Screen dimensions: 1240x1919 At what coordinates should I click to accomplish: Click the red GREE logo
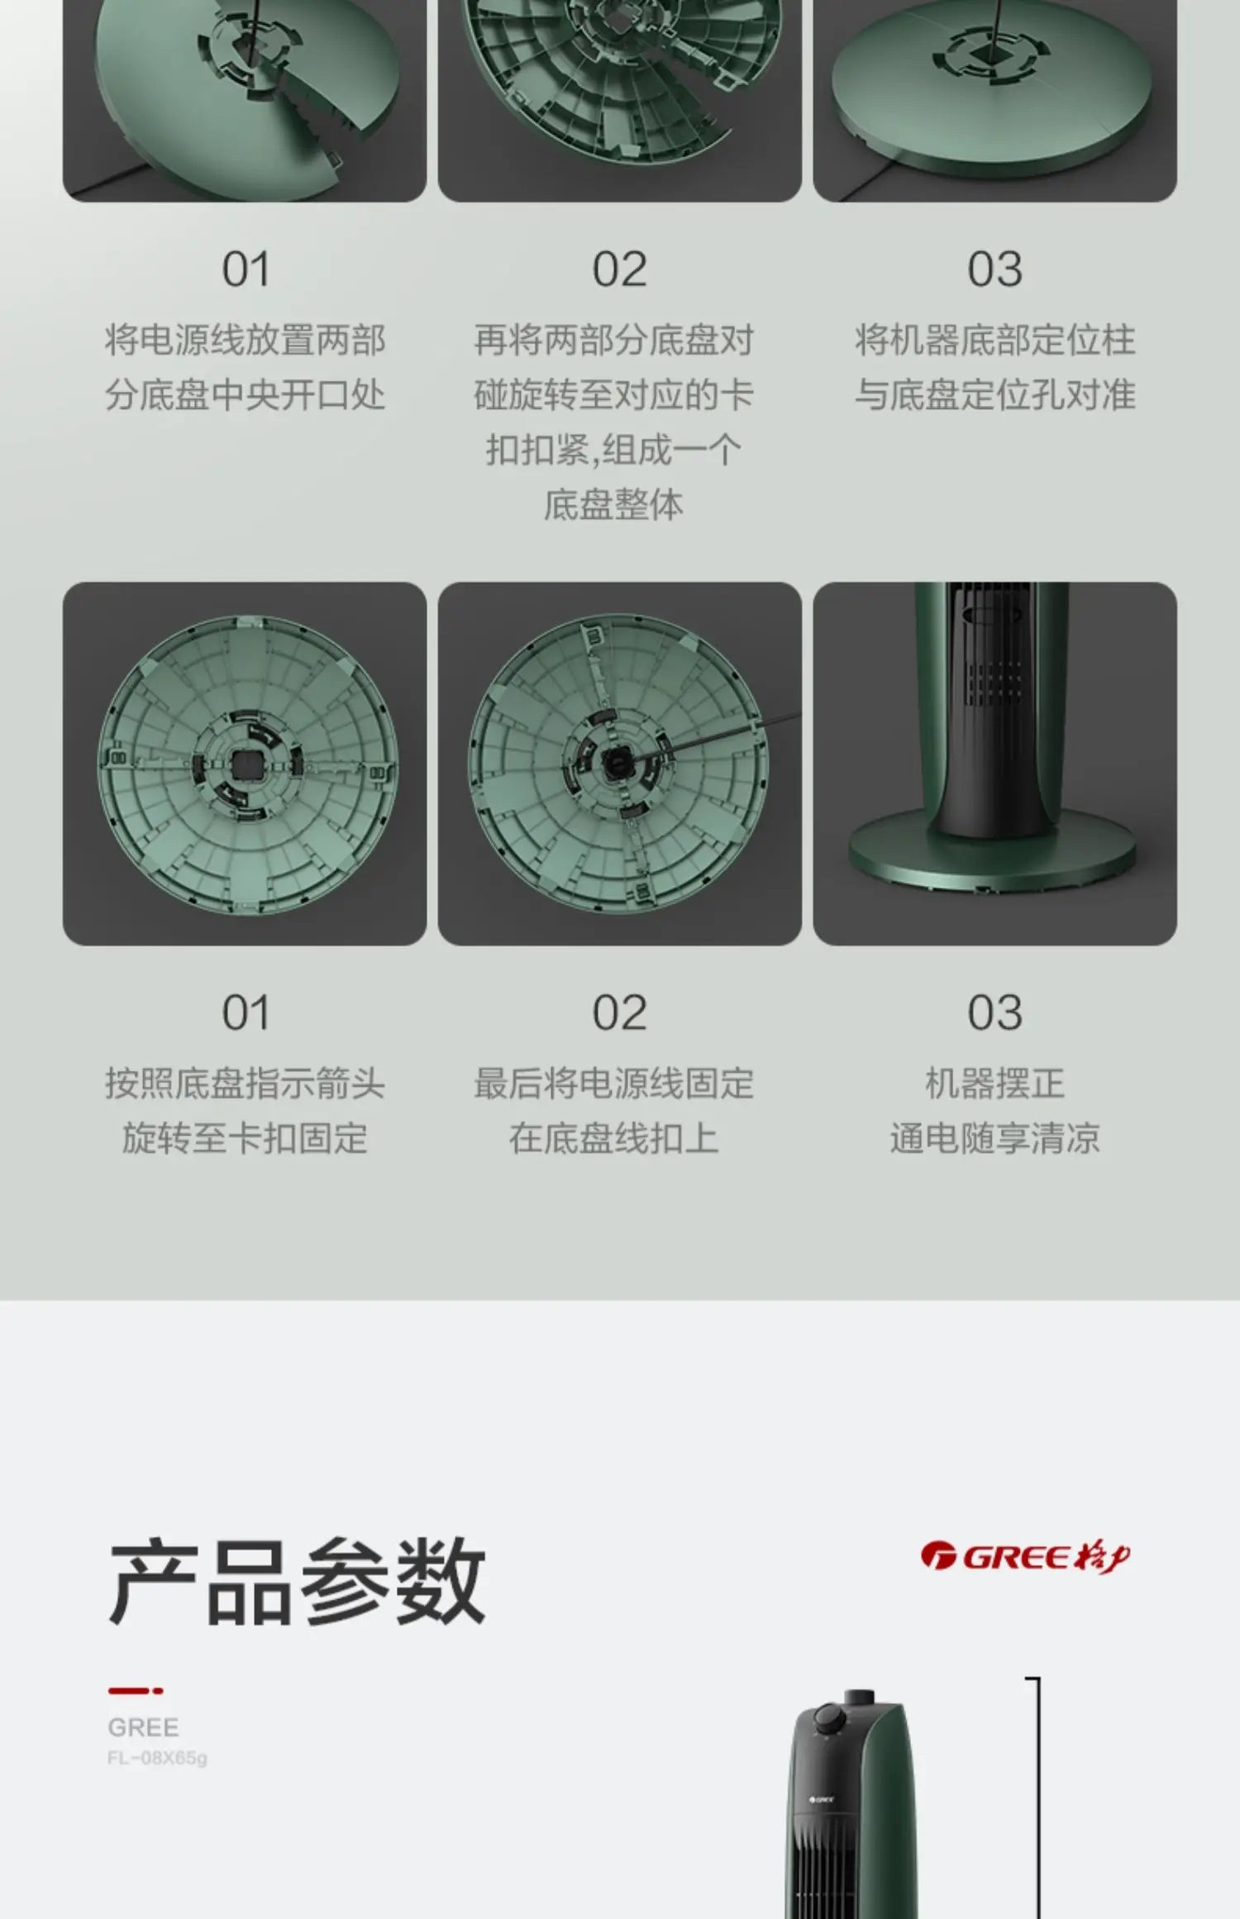click(x=1025, y=1557)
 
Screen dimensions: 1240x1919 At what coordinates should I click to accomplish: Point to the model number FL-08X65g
click(x=157, y=1758)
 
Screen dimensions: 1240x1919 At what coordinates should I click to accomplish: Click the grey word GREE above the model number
click(x=143, y=1727)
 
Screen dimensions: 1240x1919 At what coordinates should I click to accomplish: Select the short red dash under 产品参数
click(x=136, y=1691)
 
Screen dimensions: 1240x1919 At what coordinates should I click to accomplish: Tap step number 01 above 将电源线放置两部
click(x=246, y=269)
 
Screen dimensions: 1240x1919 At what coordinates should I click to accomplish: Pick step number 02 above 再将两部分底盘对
click(x=619, y=269)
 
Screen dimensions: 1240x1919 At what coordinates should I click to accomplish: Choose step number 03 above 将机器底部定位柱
click(x=994, y=269)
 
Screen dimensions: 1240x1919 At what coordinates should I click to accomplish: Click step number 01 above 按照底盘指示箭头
click(x=246, y=1013)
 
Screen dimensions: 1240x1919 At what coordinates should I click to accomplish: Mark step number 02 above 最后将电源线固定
click(x=619, y=1013)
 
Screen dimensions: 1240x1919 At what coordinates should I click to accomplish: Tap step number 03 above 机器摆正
click(x=994, y=1013)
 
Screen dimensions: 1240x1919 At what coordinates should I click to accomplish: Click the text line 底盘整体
click(x=613, y=505)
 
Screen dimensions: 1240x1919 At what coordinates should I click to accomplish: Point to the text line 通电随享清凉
click(x=994, y=1138)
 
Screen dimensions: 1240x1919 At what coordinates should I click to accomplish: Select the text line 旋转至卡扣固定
click(x=245, y=1138)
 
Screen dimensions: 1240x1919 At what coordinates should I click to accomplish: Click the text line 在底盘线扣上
click(x=613, y=1138)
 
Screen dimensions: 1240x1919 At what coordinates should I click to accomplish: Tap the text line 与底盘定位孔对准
click(x=994, y=394)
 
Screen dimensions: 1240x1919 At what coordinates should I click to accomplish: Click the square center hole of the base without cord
click(x=246, y=765)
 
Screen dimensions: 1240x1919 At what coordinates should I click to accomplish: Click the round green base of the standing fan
click(x=992, y=851)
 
